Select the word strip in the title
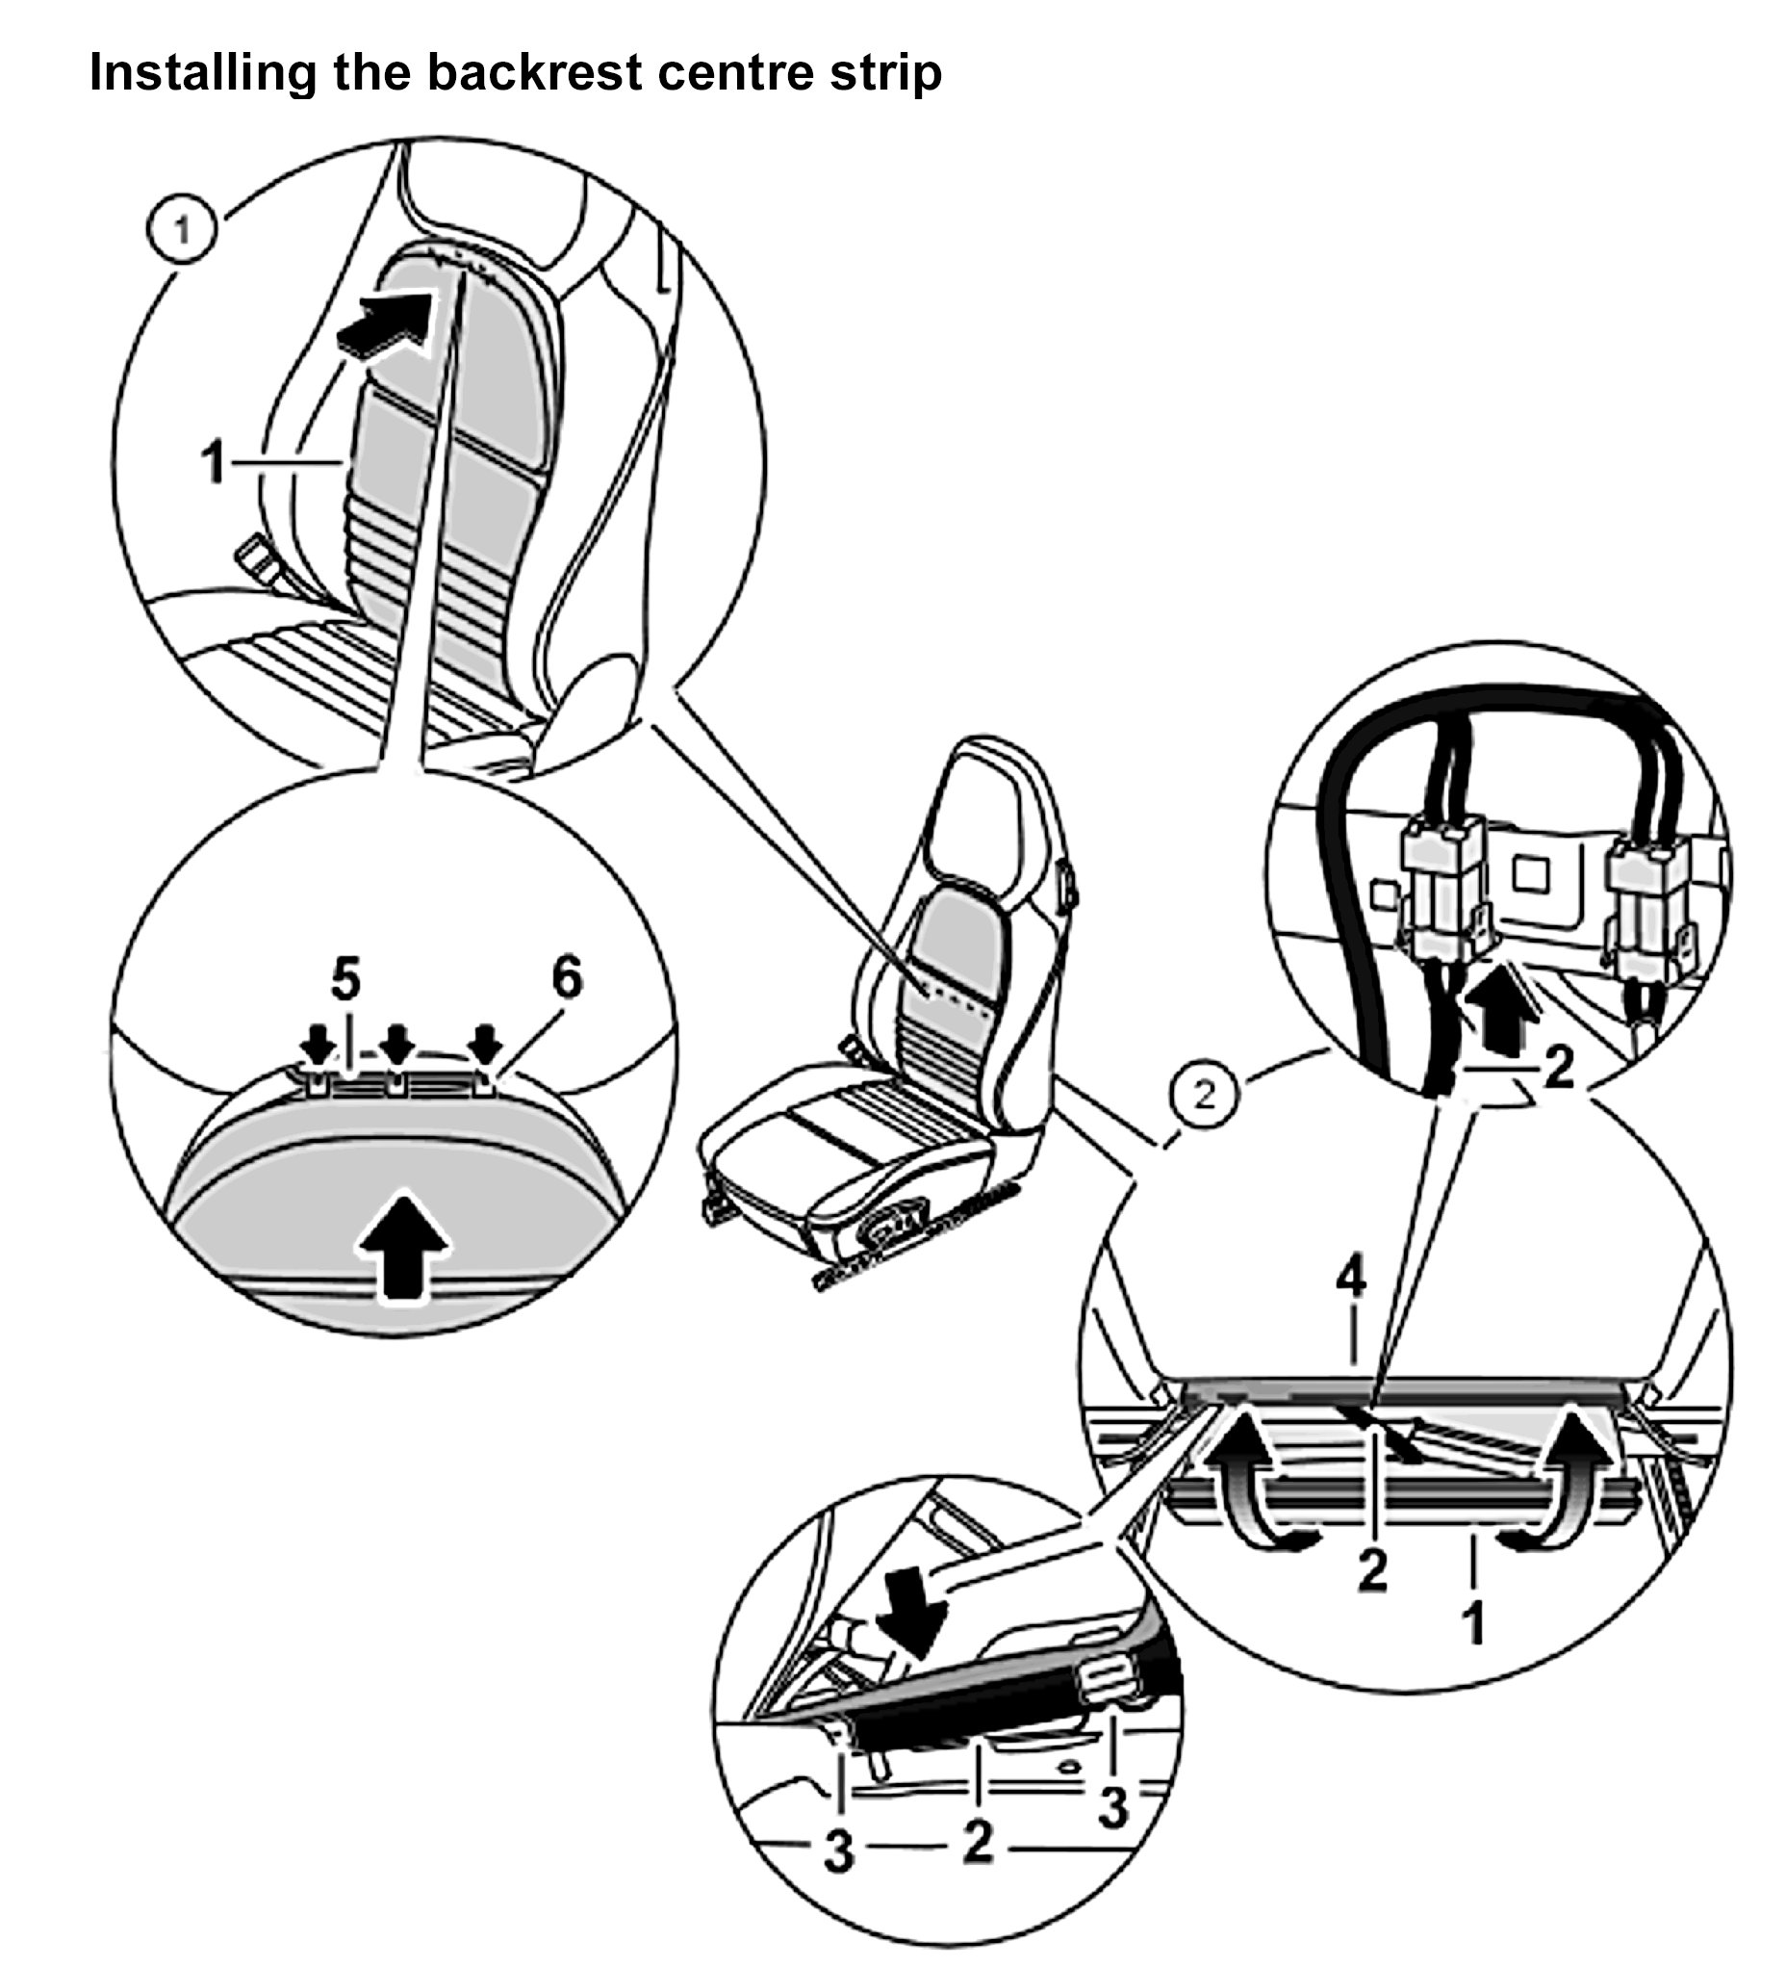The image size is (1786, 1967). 884,73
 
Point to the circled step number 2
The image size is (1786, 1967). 1205,1096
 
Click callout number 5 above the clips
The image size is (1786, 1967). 345,979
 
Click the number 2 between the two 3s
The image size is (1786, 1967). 978,1842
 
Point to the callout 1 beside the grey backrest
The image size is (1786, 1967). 213,461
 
